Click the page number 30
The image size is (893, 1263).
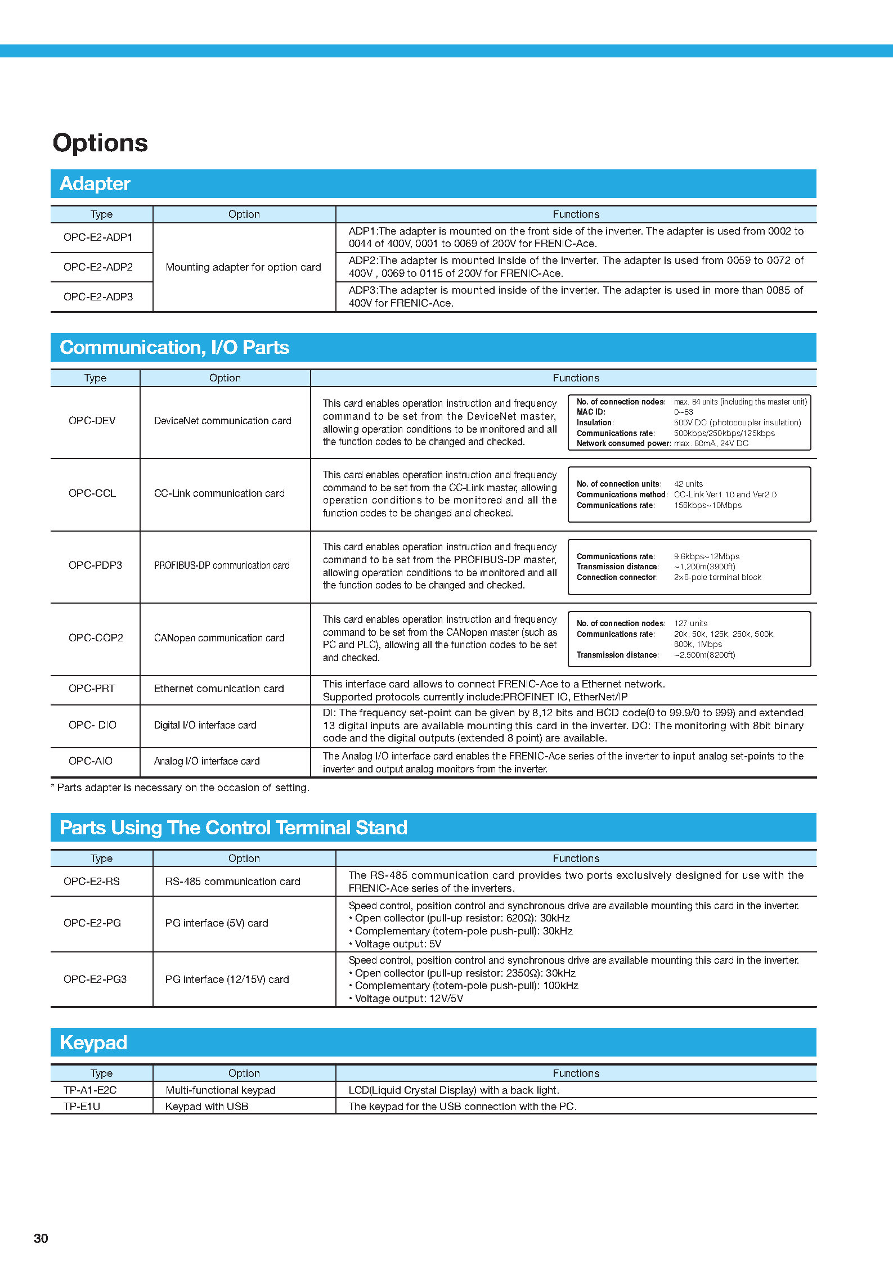pyautogui.click(x=41, y=1238)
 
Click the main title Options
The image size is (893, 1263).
pyautogui.click(x=100, y=143)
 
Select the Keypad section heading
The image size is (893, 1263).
pyautogui.click(x=93, y=1042)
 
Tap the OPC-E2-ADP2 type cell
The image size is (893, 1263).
pyautogui.click(x=98, y=267)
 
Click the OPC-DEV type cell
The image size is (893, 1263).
pyautogui.click(x=92, y=421)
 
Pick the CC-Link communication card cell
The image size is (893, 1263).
pyautogui.click(x=219, y=493)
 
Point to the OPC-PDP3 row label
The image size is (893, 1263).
pyautogui.click(x=95, y=565)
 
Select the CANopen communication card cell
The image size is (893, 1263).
pyautogui.click(x=219, y=638)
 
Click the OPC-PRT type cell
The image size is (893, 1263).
pyautogui.click(x=92, y=689)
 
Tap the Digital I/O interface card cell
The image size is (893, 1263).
pyautogui.click(x=205, y=725)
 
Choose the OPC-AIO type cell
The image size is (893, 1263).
pyautogui.click(x=91, y=761)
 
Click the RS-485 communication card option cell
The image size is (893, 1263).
pyautogui.click(x=232, y=882)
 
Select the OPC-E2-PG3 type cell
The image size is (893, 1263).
pyautogui.click(x=95, y=979)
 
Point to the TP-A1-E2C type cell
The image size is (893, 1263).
pyautogui.click(x=90, y=1090)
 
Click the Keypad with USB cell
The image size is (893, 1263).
pyautogui.click(x=207, y=1106)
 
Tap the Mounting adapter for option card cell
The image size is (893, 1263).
pyautogui.click(x=243, y=267)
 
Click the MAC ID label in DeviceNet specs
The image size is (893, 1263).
pyautogui.click(x=591, y=412)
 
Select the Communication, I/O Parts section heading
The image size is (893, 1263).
pyautogui.click(x=174, y=348)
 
